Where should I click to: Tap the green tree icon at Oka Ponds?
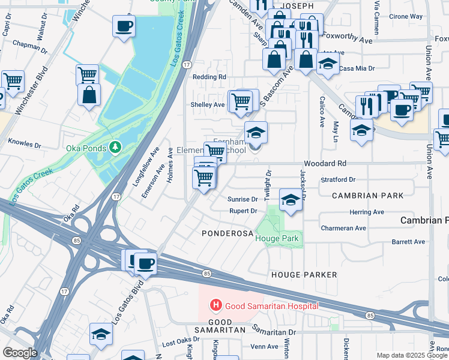(115, 147)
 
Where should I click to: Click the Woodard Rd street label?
(325, 163)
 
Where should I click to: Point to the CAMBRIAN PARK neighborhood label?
(357, 196)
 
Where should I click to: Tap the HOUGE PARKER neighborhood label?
(304, 274)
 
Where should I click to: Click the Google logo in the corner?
(20, 352)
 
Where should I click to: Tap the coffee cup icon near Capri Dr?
(124, 26)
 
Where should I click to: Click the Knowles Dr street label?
(25, 145)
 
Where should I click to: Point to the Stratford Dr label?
(338, 179)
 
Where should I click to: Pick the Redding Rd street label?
(209, 77)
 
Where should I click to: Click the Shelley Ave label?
(207, 104)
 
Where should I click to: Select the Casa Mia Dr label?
(357, 68)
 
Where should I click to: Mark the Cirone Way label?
(406, 17)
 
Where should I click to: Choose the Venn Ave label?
(264, 346)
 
